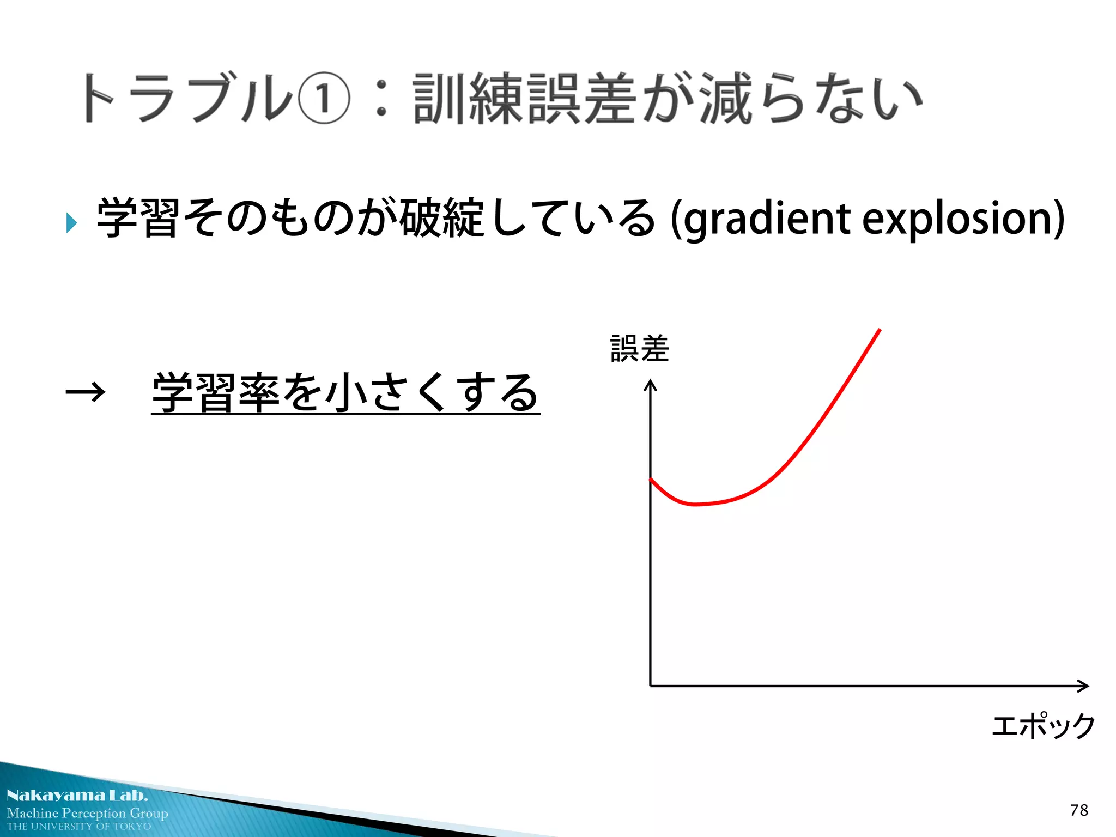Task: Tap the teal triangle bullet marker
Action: (x=71, y=222)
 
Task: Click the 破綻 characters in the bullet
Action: (x=442, y=218)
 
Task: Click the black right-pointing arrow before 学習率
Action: (x=85, y=392)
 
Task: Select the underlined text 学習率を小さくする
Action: (x=345, y=392)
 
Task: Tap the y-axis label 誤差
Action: (x=639, y=349)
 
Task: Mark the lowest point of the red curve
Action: (x=695, y=505)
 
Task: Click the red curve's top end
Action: (x=880, y=330)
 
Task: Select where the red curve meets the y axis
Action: (x=651, y=480)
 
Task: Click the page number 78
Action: (x=1079, y=810)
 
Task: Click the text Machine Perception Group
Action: (x=87, y=813)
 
